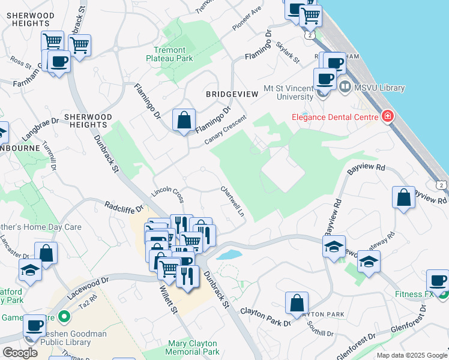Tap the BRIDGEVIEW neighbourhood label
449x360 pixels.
point(232,94)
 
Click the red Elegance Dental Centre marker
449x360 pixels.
point(388,115)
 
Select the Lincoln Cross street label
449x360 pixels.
point(167,192)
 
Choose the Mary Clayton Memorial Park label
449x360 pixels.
point(193,347)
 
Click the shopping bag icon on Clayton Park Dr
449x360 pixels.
point(297,303)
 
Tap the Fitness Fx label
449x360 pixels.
point(414,295)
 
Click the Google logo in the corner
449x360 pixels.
point(20,353)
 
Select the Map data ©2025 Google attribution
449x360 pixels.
point(411,355)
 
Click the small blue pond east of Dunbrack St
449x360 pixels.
point(230,254)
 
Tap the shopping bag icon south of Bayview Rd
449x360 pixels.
point(403,198)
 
